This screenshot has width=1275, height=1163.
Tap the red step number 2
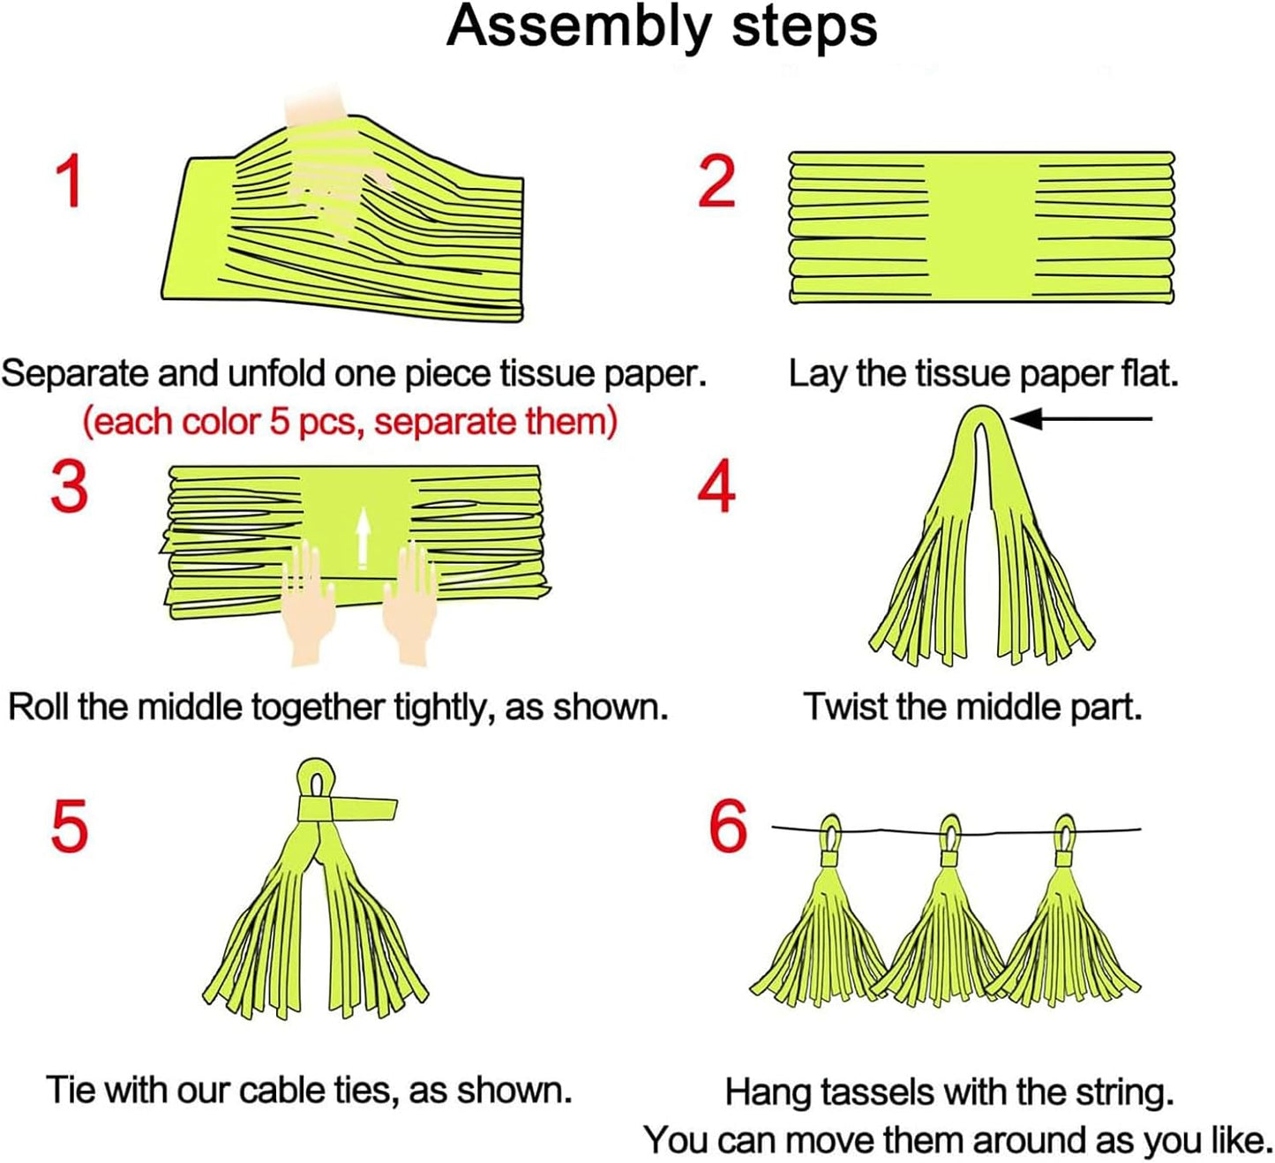[716, 182]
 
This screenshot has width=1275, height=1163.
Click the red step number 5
[70, 826]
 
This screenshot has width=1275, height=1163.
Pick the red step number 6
[728, 827]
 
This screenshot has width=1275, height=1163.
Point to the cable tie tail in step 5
[364, 808]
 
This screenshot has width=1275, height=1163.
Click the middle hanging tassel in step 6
[946, 935]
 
